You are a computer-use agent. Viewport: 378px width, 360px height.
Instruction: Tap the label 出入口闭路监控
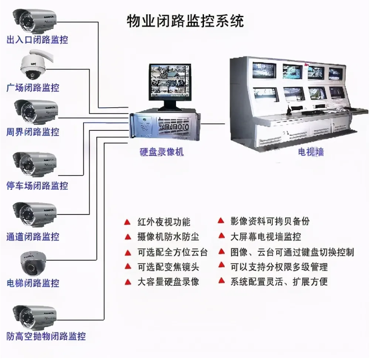click(37, 40)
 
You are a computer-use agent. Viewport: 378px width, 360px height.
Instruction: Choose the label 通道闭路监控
click(33, 236)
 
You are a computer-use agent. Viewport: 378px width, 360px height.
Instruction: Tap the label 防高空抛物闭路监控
click(46, 337)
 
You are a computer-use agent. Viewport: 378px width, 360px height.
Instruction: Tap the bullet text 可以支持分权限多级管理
click(279, 267)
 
